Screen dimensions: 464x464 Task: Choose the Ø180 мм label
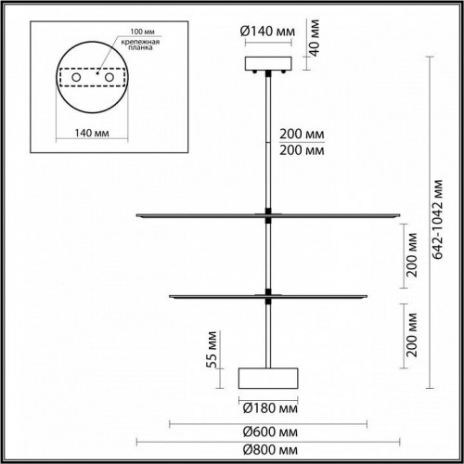coord(268,406)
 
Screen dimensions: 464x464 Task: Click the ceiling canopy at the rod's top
coord(268,64)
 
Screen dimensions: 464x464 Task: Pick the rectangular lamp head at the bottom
coord(268,378)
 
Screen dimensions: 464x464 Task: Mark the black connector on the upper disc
coord(269,214)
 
